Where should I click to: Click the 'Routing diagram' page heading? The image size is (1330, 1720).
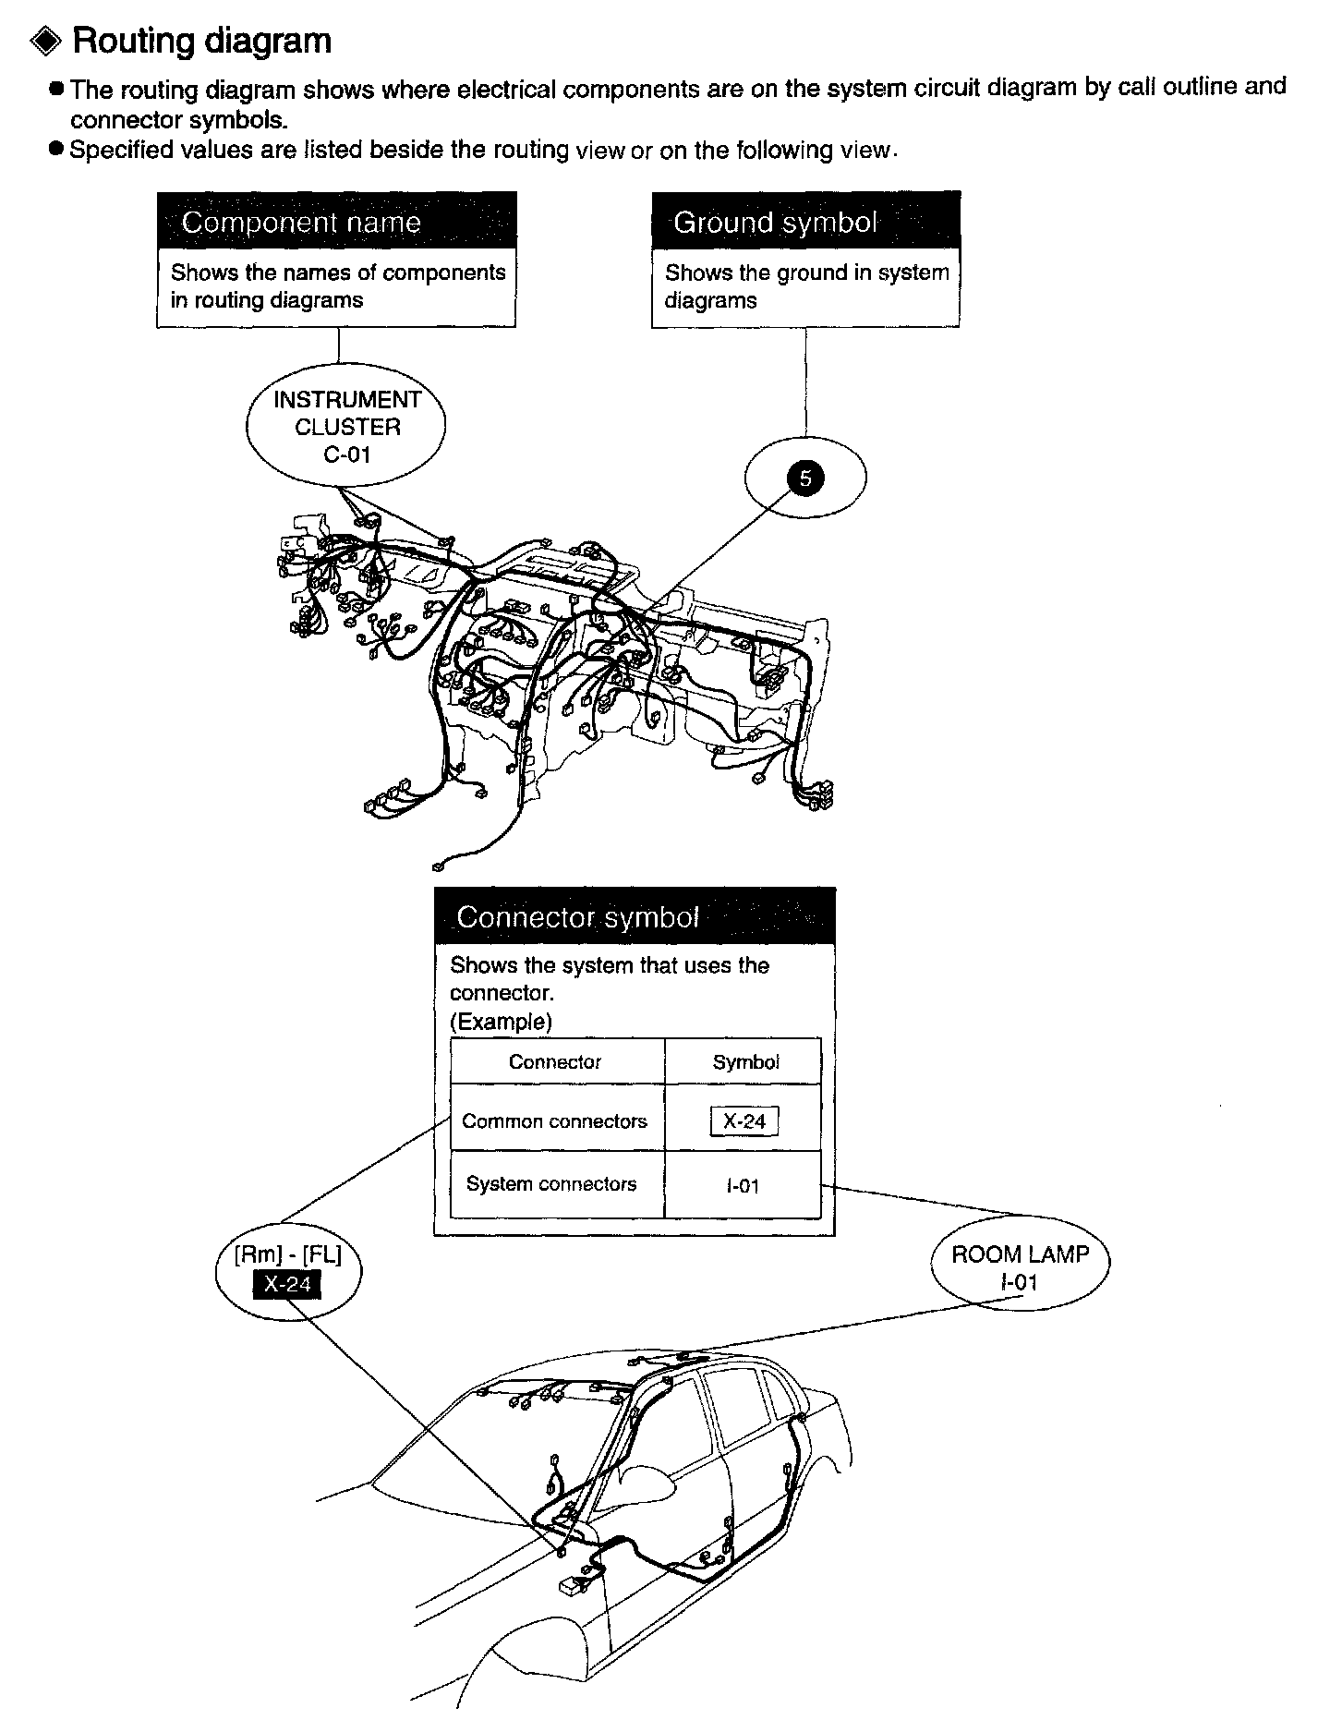[201, 42]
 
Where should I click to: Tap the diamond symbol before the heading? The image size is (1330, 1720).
[46, 42]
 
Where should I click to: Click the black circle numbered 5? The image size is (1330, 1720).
[805, 478]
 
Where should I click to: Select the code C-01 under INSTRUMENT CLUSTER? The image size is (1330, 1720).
[346, 454]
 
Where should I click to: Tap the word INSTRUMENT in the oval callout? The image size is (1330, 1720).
[346, 400]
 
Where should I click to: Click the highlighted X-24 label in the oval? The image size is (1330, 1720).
[288, 1284]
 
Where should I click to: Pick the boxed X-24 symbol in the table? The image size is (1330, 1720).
[744, 1121]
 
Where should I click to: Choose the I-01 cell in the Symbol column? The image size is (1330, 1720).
[743, 1186]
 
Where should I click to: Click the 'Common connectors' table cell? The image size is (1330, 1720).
[554, 1121]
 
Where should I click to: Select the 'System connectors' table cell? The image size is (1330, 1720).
[551, 1184]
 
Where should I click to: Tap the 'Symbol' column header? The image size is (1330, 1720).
[745, 1062]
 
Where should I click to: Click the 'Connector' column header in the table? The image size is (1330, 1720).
[554, 1062]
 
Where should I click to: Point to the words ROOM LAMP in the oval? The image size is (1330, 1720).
[1020, 1254]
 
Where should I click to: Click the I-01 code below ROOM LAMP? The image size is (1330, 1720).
[1019, 1282]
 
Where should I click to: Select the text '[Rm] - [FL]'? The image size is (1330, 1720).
[287, 1255]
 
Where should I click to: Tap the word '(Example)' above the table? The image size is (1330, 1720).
[501, 1022]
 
